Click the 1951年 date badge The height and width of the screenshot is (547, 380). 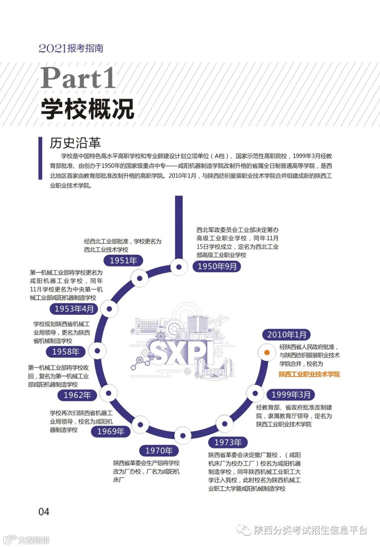(123, 260)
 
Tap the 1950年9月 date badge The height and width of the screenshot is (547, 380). (217, 266)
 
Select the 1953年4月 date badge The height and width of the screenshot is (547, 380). (74, 309)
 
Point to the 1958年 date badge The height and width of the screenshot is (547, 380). (66, 351)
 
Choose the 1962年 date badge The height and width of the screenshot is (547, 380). (77, 395)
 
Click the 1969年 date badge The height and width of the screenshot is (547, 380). (110, 431)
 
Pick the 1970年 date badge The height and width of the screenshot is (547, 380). (159, 450)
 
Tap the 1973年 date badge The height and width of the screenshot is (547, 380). (228, 442)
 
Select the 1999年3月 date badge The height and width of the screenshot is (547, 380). (291, 395)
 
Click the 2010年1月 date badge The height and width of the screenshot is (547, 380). (286, 334)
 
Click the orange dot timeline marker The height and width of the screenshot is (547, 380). (267, 352)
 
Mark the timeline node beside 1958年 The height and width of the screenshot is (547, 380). (97, 351)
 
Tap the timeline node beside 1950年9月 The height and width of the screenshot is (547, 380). (179, 267)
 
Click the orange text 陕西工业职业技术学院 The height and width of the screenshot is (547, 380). (309, 374)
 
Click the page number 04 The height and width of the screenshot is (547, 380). (44, 511)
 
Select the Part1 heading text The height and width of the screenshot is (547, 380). (78, 78)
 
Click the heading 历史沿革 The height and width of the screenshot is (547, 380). (75, 143)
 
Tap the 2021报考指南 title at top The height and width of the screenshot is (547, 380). (71, 48)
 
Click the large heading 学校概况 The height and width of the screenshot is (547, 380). (87, 108)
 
